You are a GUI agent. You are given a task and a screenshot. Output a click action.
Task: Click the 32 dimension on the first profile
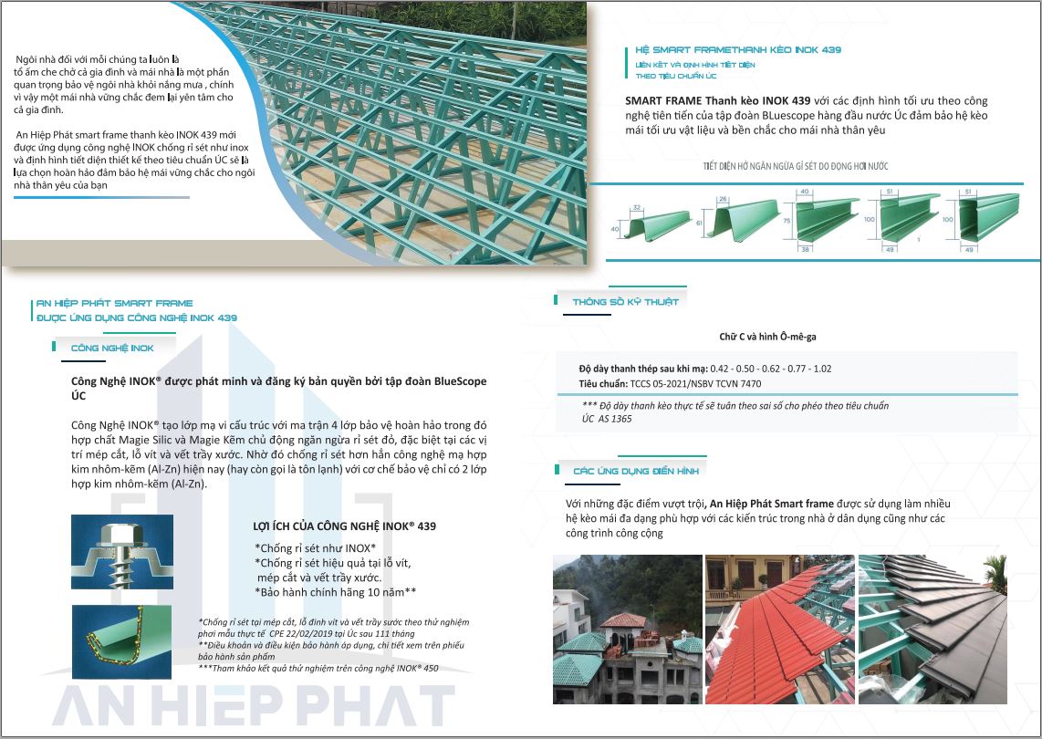636,207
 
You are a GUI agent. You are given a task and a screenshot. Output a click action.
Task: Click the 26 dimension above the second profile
723,199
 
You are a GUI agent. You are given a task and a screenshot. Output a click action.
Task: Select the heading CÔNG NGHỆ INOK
111,348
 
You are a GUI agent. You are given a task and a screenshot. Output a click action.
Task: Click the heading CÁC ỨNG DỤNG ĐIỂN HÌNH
636,471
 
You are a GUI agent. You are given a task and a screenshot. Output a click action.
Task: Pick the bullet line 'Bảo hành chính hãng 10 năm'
337,592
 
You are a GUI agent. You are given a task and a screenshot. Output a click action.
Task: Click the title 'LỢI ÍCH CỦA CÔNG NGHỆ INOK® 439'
344,526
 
